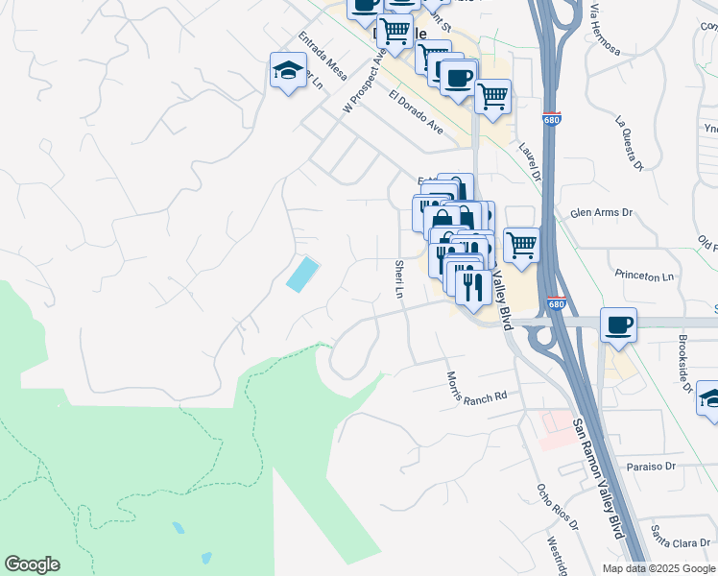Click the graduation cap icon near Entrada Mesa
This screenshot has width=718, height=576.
288,70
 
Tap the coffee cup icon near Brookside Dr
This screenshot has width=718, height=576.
619,325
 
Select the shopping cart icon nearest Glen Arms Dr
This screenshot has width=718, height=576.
521,245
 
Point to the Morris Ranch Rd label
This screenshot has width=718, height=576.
476,388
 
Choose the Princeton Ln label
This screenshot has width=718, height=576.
648,276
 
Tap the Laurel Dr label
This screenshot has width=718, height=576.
531,159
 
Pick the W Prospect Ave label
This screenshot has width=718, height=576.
364,83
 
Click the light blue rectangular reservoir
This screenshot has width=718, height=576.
303,275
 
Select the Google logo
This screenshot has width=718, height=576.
32,564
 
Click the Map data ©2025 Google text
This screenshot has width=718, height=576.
658,568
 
